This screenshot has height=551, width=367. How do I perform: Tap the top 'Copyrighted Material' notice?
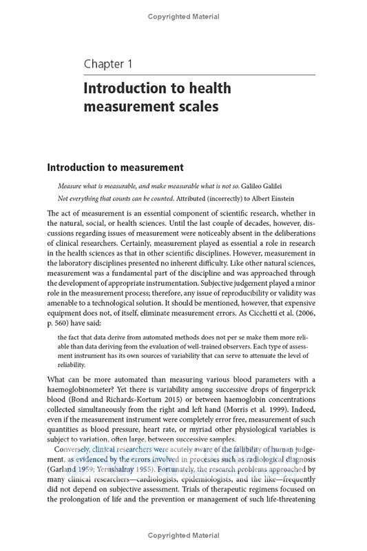point(183,17)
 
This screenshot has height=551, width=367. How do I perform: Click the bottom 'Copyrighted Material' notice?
point(183,536)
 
